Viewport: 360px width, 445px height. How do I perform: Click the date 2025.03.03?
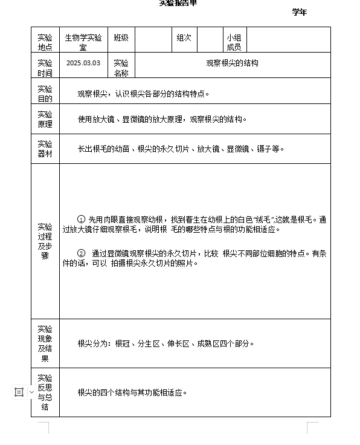(83, 63)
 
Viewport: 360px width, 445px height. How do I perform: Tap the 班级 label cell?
(121, 37)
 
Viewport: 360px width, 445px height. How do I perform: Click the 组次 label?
(184, 37)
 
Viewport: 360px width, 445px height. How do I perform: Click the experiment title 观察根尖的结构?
(232, 63)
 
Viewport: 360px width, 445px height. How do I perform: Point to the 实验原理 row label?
(45, 119)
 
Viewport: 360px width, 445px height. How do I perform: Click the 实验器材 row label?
(45, 149)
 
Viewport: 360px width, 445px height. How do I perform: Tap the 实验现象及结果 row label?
(45, 343)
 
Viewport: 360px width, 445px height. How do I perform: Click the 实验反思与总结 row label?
(45, 392)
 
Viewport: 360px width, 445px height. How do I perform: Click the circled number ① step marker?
(82, 219)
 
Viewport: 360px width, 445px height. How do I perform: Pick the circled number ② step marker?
(82, 253)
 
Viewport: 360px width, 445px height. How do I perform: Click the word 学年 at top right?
(299, 12)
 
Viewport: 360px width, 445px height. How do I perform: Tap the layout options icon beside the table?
(19, 392)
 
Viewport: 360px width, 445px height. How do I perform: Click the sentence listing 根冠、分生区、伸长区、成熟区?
(166, 343)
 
